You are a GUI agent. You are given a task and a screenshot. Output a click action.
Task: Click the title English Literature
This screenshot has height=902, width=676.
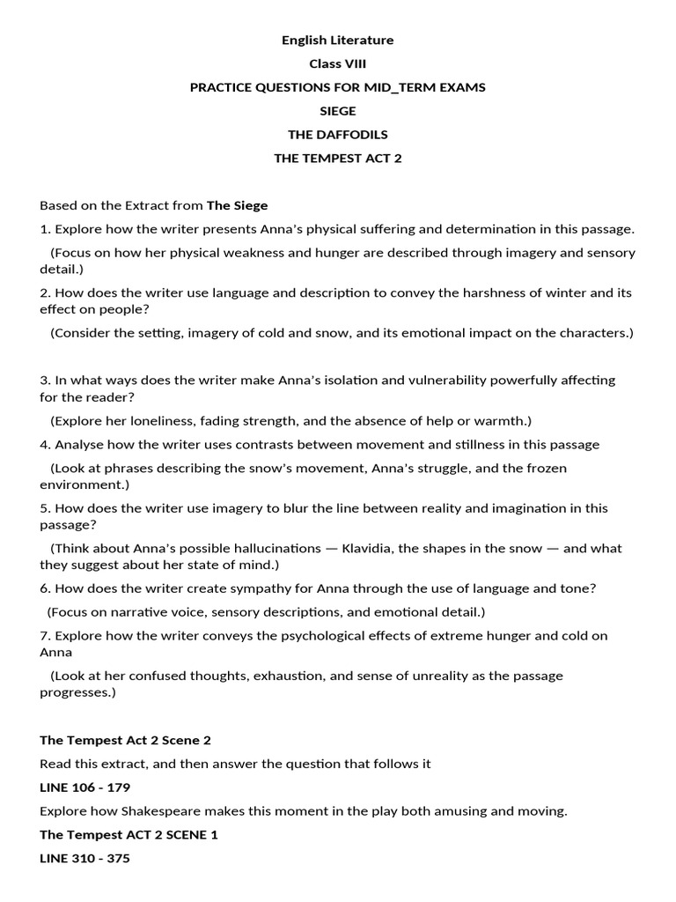tap(337, 41)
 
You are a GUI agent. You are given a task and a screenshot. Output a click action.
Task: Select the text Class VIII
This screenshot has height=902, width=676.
tap(337, 64)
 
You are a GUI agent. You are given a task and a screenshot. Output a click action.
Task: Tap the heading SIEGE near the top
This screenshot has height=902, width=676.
tap(337, 112)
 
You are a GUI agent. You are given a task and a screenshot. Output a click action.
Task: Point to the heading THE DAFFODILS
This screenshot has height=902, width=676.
tap(337, 136)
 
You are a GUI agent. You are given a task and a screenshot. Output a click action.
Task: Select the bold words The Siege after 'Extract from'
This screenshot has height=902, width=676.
tap(237, 205)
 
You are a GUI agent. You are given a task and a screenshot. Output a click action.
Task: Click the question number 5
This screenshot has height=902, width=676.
tap(44, 509)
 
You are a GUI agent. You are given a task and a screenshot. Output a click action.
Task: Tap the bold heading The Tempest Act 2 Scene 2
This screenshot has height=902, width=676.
tap(125, 741)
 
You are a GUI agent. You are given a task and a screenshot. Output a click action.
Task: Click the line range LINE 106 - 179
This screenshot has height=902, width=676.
tap(84, 787)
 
